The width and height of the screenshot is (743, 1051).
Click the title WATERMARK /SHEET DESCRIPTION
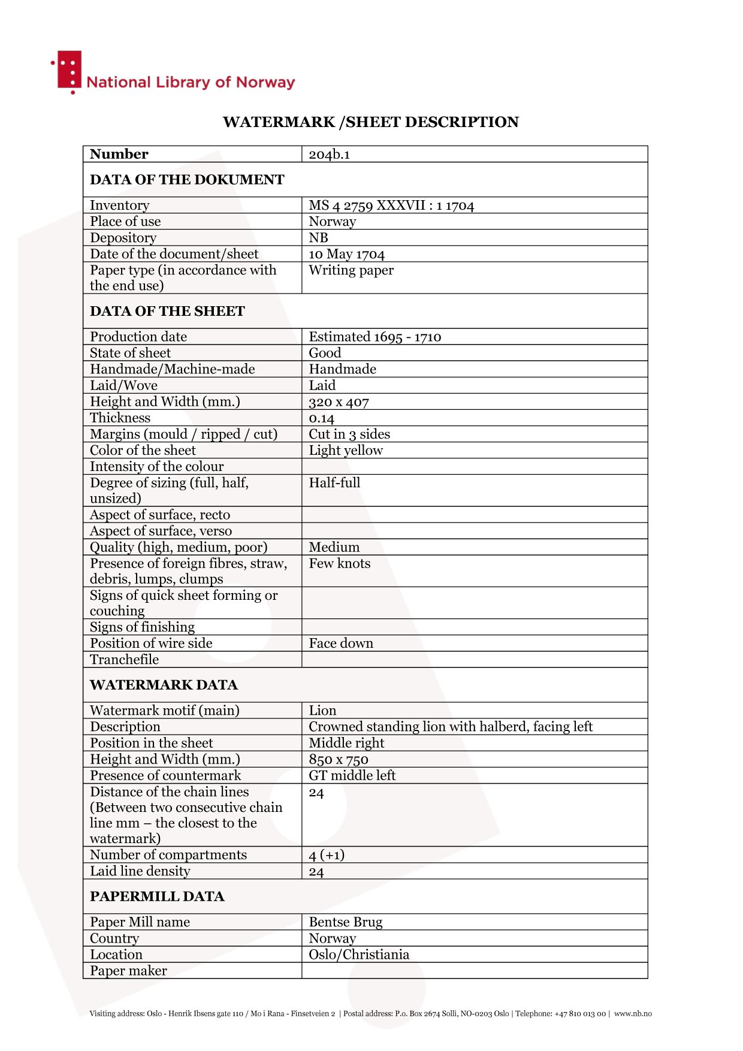point(370,122)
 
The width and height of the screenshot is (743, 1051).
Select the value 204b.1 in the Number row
point(329,155)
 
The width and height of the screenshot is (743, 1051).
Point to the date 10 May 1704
point(346,254)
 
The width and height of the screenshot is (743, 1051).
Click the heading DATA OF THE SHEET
point(167,311)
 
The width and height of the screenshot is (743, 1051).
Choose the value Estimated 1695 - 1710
point(374,337)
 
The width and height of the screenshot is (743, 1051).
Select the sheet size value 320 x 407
point(339,402)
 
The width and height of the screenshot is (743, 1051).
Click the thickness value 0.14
point(321,418)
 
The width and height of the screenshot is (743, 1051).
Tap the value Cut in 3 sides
point(349,434)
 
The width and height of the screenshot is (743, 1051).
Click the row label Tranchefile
point(124,660)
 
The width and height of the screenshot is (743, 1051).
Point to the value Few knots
point(339,564)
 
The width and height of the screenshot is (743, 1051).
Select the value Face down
point(340,644)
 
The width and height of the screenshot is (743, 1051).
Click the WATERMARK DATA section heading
point(164,685)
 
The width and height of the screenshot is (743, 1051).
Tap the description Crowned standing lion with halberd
point(450,727)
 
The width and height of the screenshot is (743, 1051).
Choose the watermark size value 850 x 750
point(338,760)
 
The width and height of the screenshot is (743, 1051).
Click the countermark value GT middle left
point(352,776)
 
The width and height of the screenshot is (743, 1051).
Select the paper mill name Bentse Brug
point(345,922)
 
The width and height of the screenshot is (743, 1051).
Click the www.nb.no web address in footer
point(632,1014)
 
